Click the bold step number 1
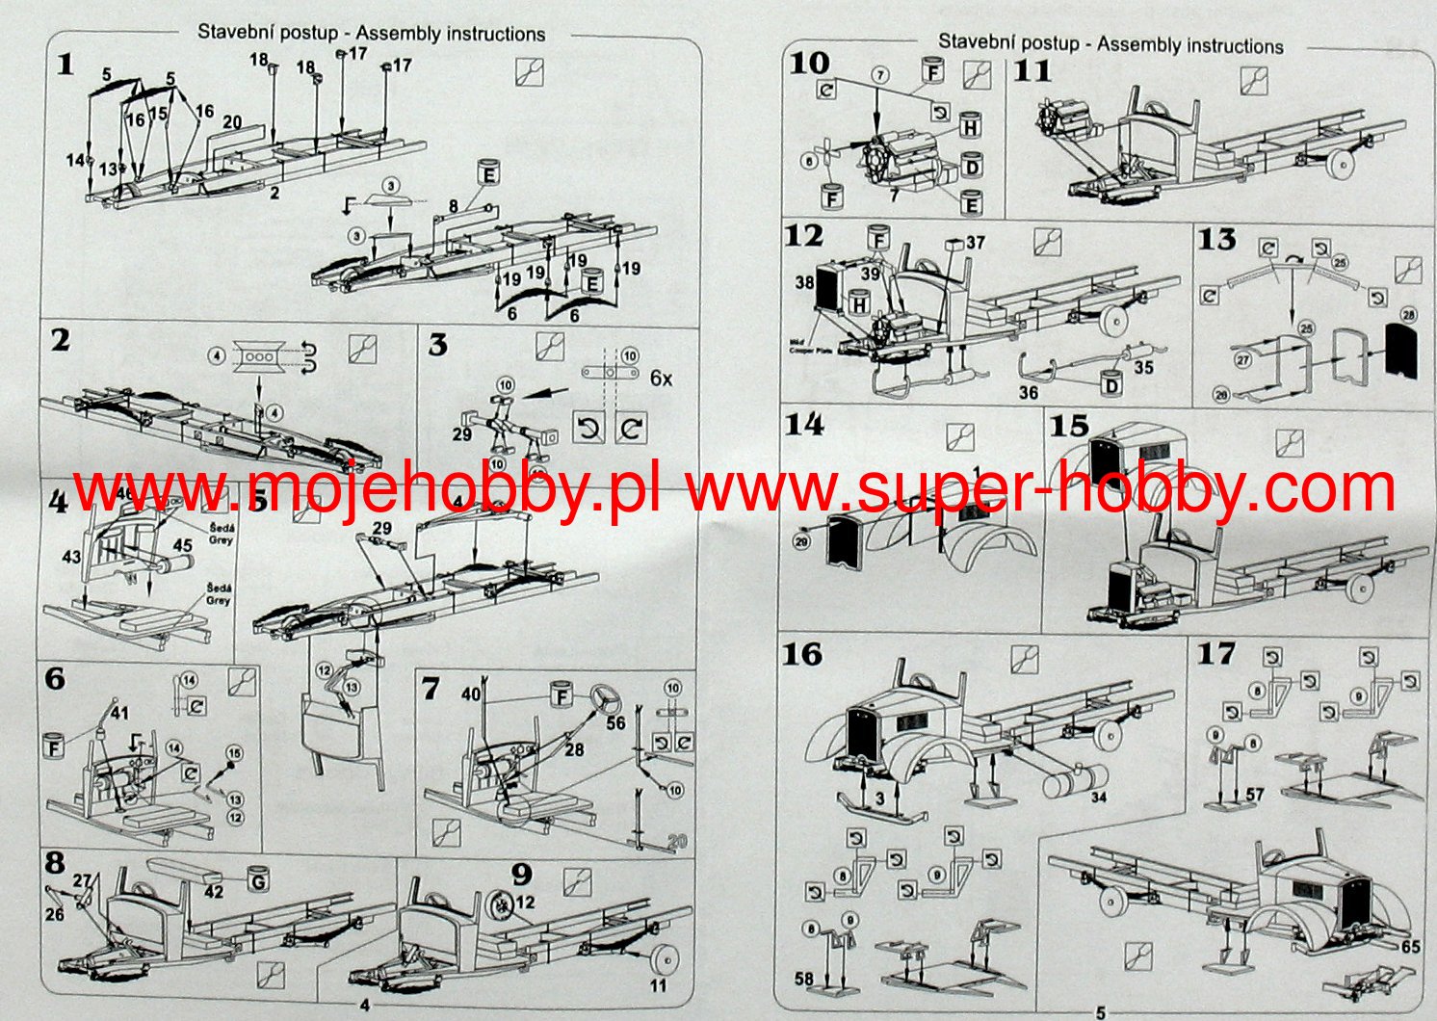click(x=65, y=65)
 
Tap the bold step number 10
click(x=809, y=63)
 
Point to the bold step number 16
click(x=801, y=654)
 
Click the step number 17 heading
click(x=1215, y=653)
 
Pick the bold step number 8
click(x=55, y=860)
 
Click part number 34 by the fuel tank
click(x=1099, y=797)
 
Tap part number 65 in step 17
click(x=1410, y=946)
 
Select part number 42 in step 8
click(x=214, y=891)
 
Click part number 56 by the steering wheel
click(x=615, y=722)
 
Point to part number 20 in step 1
click(x=232, y=121)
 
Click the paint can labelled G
click(x=258, y=879)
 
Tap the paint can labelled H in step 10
click(x=970, y=127)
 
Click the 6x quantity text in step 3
click(x=661, y=379)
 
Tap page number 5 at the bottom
click(x=1100, y=1012)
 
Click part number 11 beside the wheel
click(x=658, y=985)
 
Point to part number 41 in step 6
click(x=119, y=714)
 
